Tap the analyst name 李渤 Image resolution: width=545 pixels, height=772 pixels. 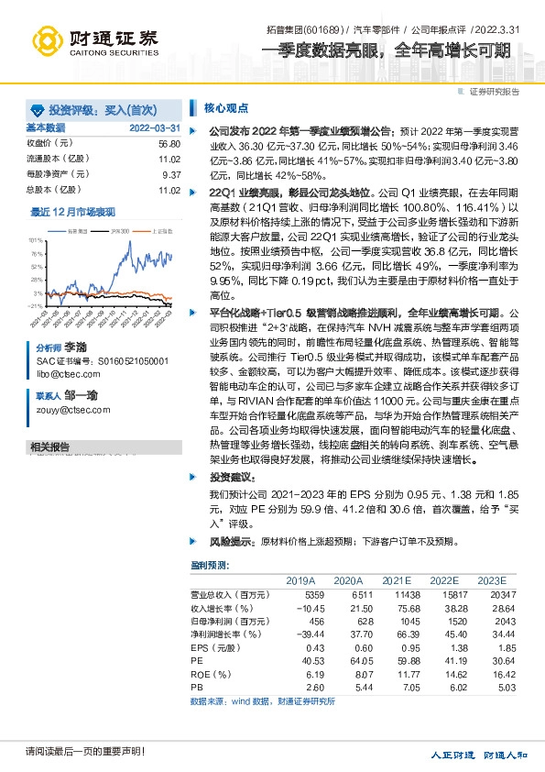75,350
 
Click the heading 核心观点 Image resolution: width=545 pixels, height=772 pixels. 220,106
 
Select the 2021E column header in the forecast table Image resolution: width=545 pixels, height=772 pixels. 397,581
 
